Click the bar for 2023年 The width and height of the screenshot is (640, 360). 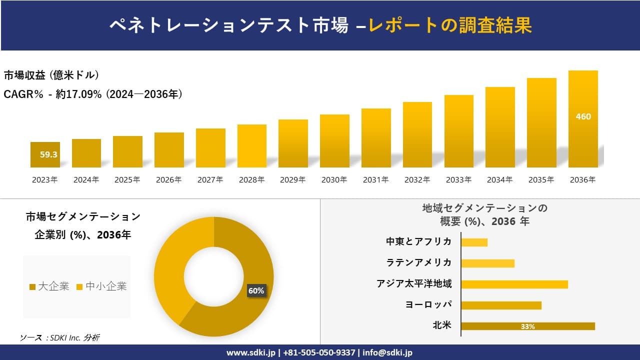click(45, 155)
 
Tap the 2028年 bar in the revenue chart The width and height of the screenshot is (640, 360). click(252, 146)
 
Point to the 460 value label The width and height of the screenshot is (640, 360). click(583, 116)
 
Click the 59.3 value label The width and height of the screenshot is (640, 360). click(49, 154)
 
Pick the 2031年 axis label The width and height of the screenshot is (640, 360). click(376, 180)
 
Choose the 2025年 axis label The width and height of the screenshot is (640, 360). click(127, 180)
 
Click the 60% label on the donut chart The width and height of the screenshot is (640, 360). click(256, 290)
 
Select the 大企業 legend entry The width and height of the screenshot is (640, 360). click(49, 286)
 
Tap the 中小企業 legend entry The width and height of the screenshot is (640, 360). click(102, 286)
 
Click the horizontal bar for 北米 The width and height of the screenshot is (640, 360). click(528, 326)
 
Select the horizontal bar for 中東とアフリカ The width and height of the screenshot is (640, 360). click(474, 242)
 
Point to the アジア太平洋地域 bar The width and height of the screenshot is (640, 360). click(514, 284)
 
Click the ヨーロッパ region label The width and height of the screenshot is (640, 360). click(428, 304)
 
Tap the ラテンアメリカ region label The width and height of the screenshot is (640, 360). click(419, 262)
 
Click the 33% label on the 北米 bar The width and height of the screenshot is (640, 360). click(528, 326)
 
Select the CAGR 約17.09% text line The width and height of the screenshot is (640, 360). click(93, 94)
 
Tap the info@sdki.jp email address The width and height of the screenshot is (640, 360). click(388, 352)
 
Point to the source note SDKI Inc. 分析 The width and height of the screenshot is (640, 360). click(60, 337)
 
